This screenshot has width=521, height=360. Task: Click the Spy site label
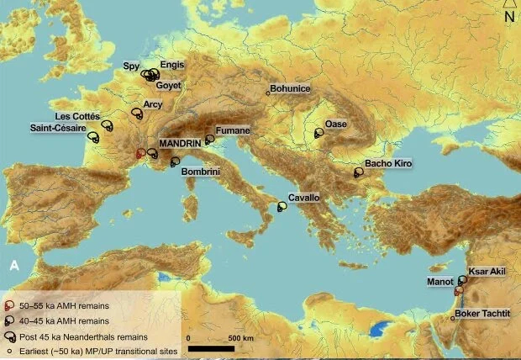point(131,65)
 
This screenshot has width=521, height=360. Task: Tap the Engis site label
point(171,65)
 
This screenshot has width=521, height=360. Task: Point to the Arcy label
point(152,105)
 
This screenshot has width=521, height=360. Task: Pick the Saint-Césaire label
point(58,128)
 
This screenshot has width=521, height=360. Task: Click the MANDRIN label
point(180,144)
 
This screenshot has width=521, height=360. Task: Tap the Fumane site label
point(231,131)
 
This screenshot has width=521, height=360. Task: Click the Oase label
point(336,124)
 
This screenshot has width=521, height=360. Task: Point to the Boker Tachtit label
point(482,314)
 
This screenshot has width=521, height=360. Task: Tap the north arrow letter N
point(508,16)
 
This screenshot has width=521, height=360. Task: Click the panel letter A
point(13,265)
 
